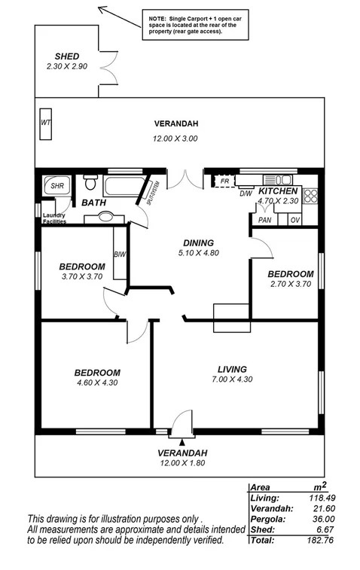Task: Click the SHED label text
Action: [x=66, y=56]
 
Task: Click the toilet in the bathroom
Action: [x=90, y=183]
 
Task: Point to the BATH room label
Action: [x=94, y=203]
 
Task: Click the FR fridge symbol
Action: [x=224, y=181]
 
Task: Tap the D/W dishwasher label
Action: [x=246, y=194]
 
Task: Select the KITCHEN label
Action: [x=279, y=191]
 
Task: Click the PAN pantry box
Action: [x=264, y=220]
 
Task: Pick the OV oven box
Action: [x=295, y=220]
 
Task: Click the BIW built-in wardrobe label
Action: [x=119, y=255]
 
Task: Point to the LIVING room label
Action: [x=232, y=369]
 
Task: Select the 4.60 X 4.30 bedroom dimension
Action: [x=97, y=383]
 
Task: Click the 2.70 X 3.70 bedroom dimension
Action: [x=291, y=284]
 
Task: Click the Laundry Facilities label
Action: [x=54, y=219]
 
